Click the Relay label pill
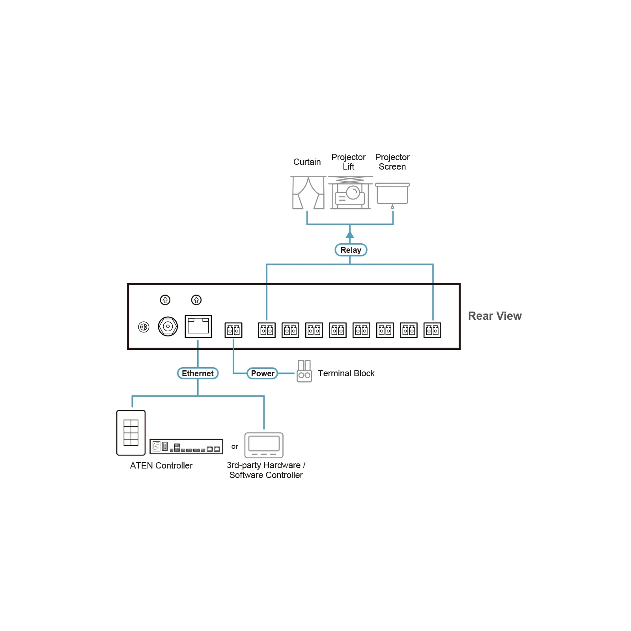tap(351, 250)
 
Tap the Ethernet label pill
tap(198, 373)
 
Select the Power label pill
tap(262, 373)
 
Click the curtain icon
tap(308, 192)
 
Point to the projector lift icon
tap(350, 192)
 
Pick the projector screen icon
tap(392, 196)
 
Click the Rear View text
tap(495, 316)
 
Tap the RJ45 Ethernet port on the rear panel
tap(198, 327)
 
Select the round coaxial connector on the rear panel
tap(168, 327)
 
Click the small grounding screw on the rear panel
tap(144, 327)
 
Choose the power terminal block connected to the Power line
tap(233, 330)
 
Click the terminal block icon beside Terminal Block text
tap(304, 371)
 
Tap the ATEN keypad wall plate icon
tap(131, 433)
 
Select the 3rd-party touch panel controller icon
tap(264, 445)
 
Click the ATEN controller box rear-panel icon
tap(186, 446)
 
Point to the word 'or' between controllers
tap(235, 446)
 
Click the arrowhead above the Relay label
tap(350, 234)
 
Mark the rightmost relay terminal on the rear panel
tap(432, 330)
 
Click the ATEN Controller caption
tap(161, 465)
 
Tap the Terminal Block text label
tap(346, 373)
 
